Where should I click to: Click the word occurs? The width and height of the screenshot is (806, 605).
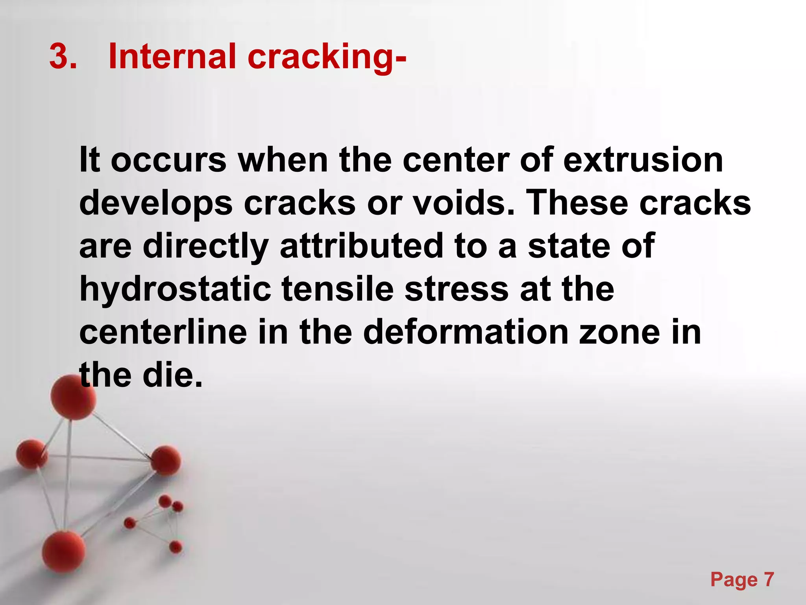pyautogui.click(x=168, y=160)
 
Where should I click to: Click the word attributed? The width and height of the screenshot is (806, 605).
pyautogui.click(x=361, y=246)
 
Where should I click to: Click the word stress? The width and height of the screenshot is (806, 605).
pyautogui.click(x=457, y=290)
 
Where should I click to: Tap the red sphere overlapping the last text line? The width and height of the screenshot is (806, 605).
pyautogui.click(x=73, y=397)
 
